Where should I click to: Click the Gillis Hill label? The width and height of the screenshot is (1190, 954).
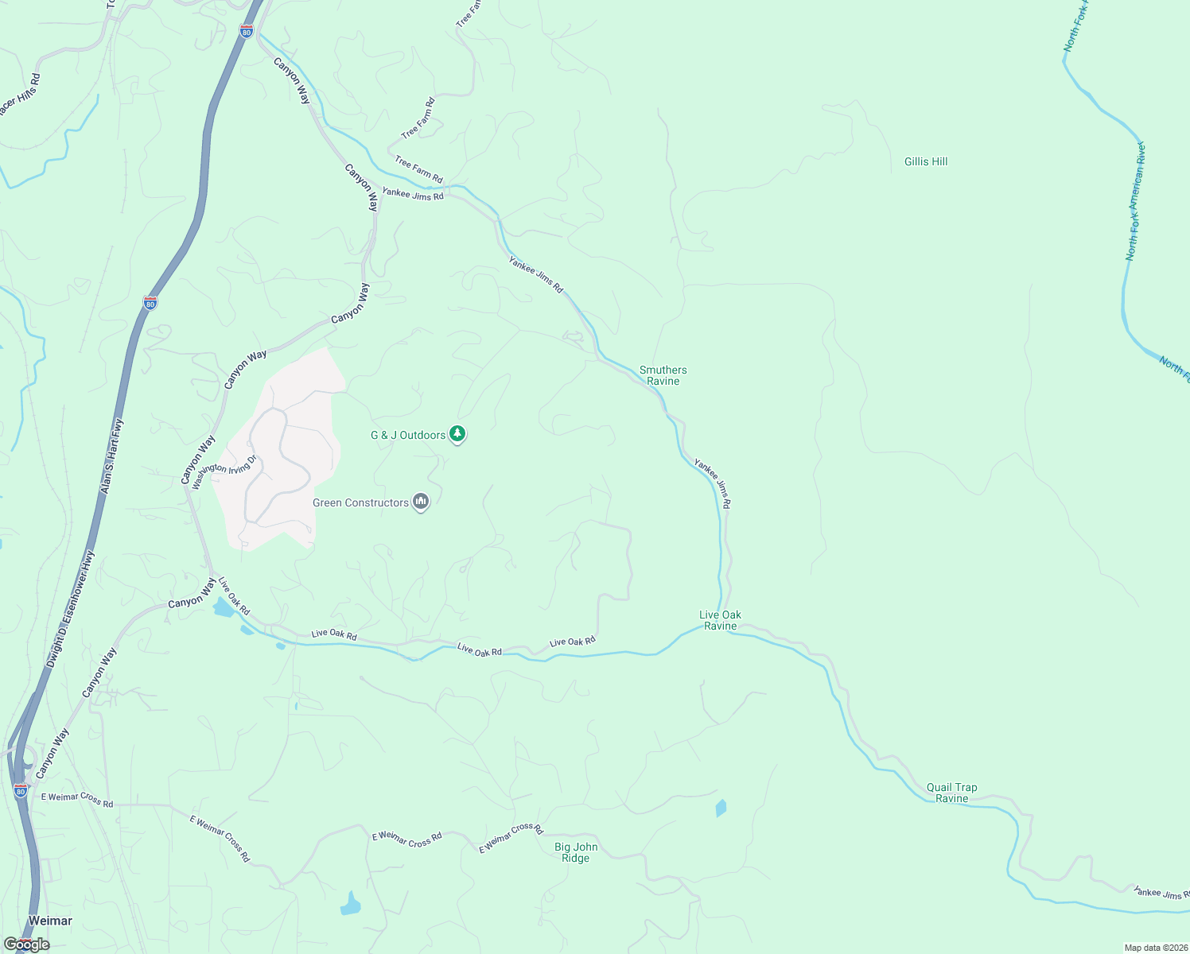(926, 161)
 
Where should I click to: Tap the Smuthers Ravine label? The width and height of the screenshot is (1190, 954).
(663, 375)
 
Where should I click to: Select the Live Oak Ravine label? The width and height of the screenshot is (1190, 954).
(720, 620)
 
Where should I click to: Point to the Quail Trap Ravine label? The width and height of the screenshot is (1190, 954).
(951, 793)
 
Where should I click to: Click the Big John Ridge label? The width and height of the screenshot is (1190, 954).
(575, 852)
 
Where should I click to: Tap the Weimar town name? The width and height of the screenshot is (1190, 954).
(50, 921)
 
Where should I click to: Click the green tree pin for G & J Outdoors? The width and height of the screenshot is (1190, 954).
(457, 434)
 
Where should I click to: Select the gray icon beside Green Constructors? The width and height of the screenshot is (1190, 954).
(421, 502)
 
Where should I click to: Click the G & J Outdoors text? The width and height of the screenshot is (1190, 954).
(408, 435)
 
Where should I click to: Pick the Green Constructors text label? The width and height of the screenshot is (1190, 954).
(360, 502)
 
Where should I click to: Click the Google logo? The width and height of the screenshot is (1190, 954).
(26, 944)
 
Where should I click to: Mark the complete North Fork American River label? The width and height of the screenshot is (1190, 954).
(1134, 202)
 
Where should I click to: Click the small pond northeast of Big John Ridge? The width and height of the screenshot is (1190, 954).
(721, 809)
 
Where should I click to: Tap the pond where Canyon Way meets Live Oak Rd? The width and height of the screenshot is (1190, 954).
(223, 608)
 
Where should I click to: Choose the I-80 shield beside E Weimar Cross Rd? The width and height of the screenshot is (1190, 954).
(21, 791)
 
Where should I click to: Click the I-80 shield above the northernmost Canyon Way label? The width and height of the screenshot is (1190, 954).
(247, 31)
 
